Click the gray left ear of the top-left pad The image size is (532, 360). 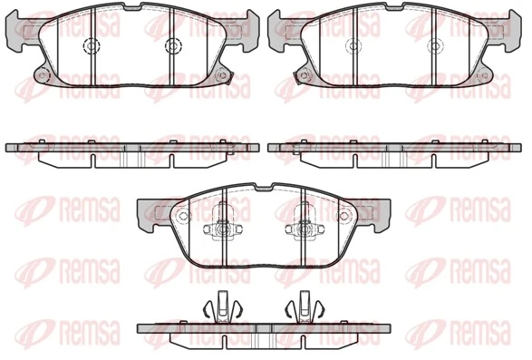click(x=18, y=33)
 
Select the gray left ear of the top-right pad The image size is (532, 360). click(x=281, y=33)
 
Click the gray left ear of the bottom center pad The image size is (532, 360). click(x=148, y=213)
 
